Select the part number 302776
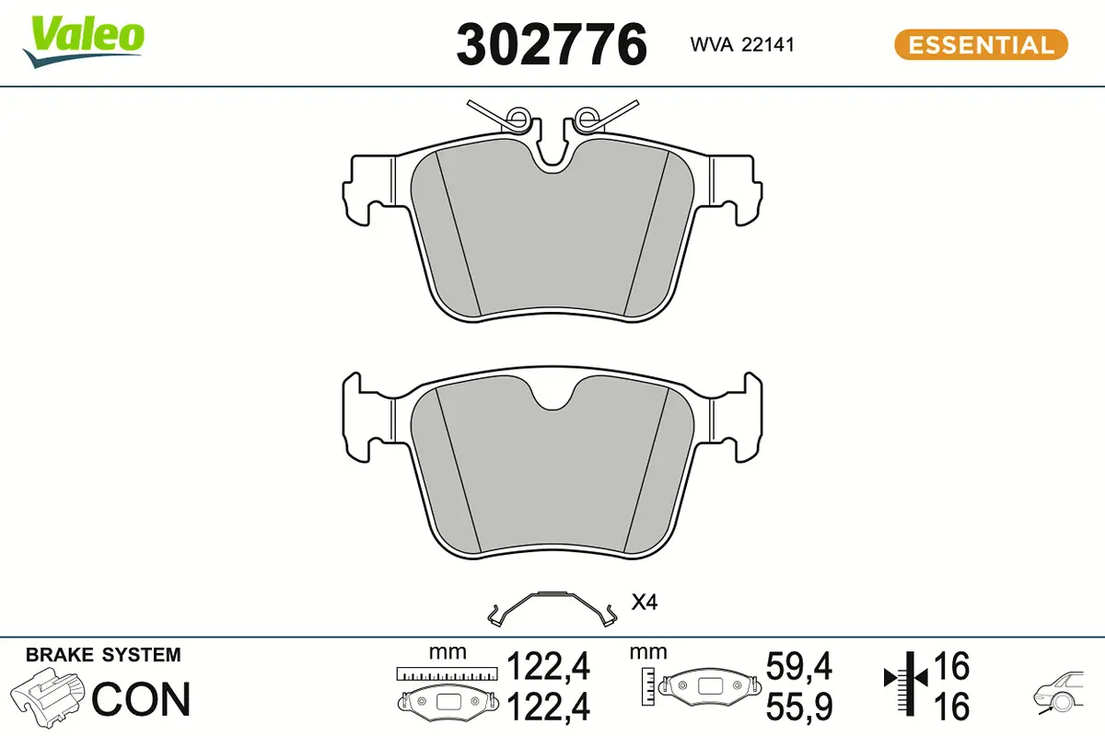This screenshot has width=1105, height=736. pyautogui.click(x=552, y=45)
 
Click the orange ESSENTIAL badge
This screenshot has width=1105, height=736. pyautogui.click(x=981, y=45)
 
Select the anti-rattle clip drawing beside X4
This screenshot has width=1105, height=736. pyautogui.click(x=552, y=606)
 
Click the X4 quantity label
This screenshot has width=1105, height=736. pyautogui.click(x=644, y=604)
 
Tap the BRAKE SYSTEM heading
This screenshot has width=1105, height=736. pyautogui.click(x=103, y=655)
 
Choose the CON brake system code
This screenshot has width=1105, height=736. pyautogui.click(x=142, y=699)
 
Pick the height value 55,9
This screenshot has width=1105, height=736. pyautogui.click(x=799, y=707)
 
